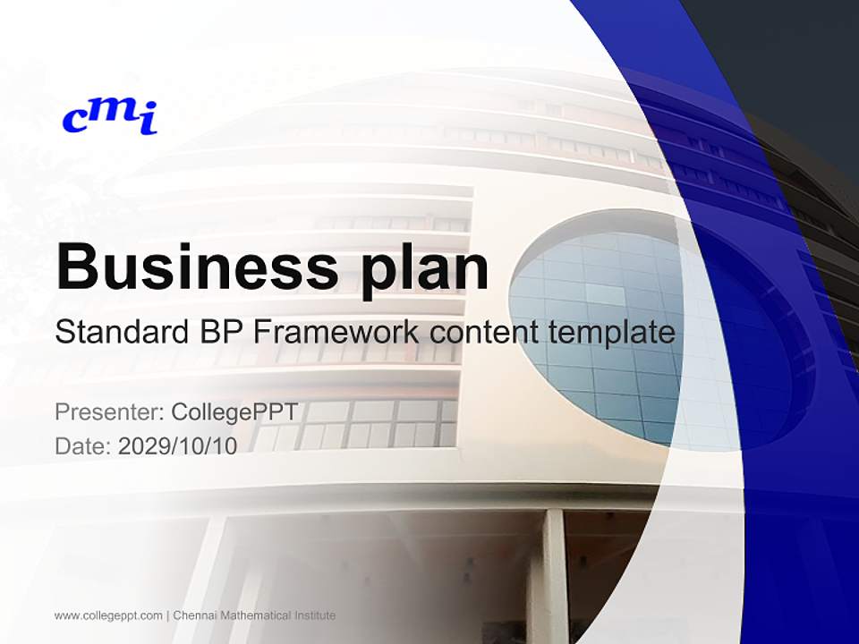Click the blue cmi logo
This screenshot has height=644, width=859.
pos(109,117)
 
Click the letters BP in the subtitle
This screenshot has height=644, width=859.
pos(218,333)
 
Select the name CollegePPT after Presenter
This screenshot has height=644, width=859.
pos(234,412)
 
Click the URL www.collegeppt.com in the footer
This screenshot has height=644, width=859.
pos(108,615)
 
